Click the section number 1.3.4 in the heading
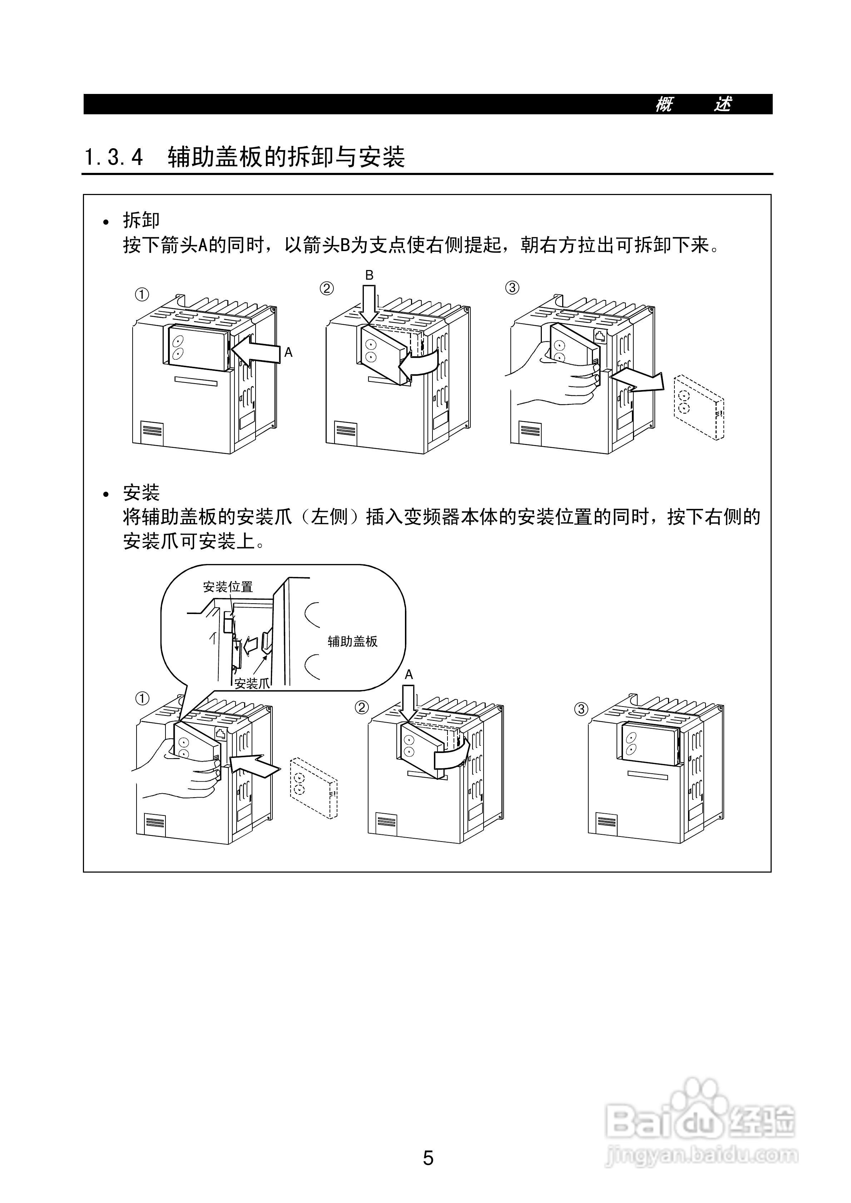(113, 157)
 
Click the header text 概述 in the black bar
(693, 104)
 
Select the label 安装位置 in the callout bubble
(228, 587)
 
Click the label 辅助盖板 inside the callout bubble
(352, 641)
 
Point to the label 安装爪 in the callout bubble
(252, 683)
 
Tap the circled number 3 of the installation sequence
(581, 709)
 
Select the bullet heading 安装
(141, 493)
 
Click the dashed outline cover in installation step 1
(313, 787)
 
